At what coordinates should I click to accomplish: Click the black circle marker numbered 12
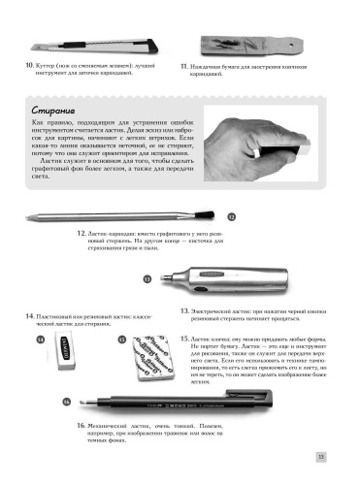pos(232,217)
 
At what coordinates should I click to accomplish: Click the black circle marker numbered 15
pos(122,340)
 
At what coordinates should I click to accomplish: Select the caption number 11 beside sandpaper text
pos(184,65)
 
